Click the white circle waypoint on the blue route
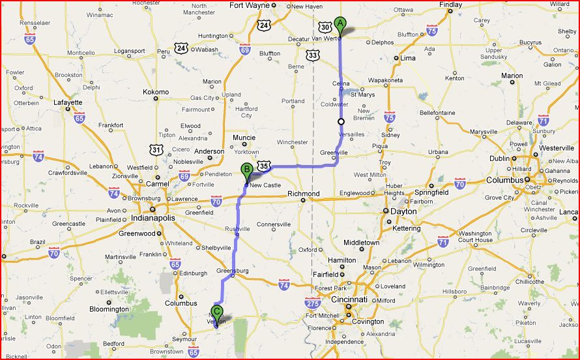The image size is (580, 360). (x=341, y=121)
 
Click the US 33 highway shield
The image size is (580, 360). (x=313, y=57)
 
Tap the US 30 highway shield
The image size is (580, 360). (x=325, y=27)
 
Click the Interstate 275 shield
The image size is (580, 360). (x=313, y=302)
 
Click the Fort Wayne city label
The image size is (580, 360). (x=249, y=5)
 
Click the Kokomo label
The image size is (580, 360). (x=156, y=92)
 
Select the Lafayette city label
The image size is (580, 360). (x=68, y=102)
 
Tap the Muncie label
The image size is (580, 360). (x=244, y=138)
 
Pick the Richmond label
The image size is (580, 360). (x=304, y=194)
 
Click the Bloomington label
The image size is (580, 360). (x=109, y=309)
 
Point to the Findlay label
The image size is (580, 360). (x=451, y=5)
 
